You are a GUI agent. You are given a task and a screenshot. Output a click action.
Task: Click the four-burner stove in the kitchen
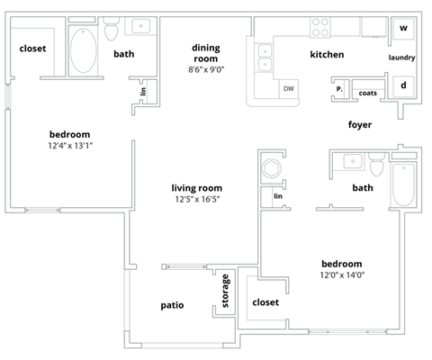click(x=321, y=28)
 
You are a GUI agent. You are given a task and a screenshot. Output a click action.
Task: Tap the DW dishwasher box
click(x=288, y=88)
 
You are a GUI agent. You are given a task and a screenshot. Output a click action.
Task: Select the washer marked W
click(x=403, y=28)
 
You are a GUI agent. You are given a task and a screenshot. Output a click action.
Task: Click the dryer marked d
click(x=403, y=85)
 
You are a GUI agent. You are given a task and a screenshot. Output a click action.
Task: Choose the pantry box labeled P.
click(x=340, y=90)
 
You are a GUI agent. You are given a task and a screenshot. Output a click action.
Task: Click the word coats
click(x=367, y=93)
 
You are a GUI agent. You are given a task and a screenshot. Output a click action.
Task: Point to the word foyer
click(x=360, y=124)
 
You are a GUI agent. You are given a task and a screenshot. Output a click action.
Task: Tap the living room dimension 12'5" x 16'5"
click(x=197, y=200)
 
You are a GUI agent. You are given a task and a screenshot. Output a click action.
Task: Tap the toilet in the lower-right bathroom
click(x=376, y=166)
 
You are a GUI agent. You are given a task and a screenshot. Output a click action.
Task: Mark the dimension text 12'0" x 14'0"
click(x=343, y=275)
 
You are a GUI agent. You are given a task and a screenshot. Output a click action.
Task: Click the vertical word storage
click(x=225, y=291)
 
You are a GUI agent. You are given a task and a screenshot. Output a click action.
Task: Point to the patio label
click(x=172, y=305)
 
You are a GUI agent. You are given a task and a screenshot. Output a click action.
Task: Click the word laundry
click(x=401, y=58)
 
